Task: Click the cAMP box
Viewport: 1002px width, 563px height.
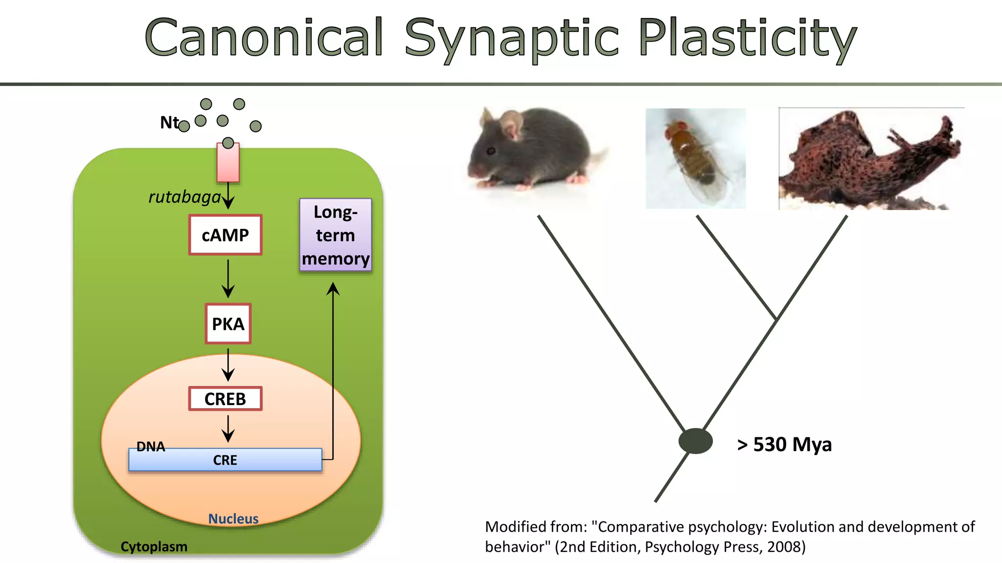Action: pyautogui.click(x=226, y=235)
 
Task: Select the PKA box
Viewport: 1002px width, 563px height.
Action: pyautogui.click(x=228, y=324)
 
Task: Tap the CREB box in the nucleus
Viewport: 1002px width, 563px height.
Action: pyautogui.click(x=225, y=399)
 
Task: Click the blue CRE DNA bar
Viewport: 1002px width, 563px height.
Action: pyautogui.click(x=225, y=460)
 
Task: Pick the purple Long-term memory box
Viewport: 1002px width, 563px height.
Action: pyautogui.click(x=336, y=235)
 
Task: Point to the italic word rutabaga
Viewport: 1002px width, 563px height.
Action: pyautogui.click(x=185, y=197)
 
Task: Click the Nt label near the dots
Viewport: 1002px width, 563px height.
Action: pyautogui.click(x=169, y=122)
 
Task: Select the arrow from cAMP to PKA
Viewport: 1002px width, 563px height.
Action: pyautogui.click(x=228, y=279)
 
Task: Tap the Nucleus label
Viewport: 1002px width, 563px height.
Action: pyautogui.click(x=233, y=519)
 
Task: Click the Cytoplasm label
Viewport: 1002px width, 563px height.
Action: pyautogui.click(x=154, y=546)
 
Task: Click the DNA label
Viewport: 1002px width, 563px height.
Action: pyautogui.click(x=151, y=446)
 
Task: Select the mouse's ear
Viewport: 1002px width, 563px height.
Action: pyautogui.click(x=512, y=123)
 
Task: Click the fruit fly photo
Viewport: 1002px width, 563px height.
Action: pyautogui.click(x=695, y=159)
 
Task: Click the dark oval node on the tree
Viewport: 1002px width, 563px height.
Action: pyautogui.click(x=695, y=441)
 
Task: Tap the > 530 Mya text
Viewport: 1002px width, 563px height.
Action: pyautogui.click(x=784, y=444)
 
